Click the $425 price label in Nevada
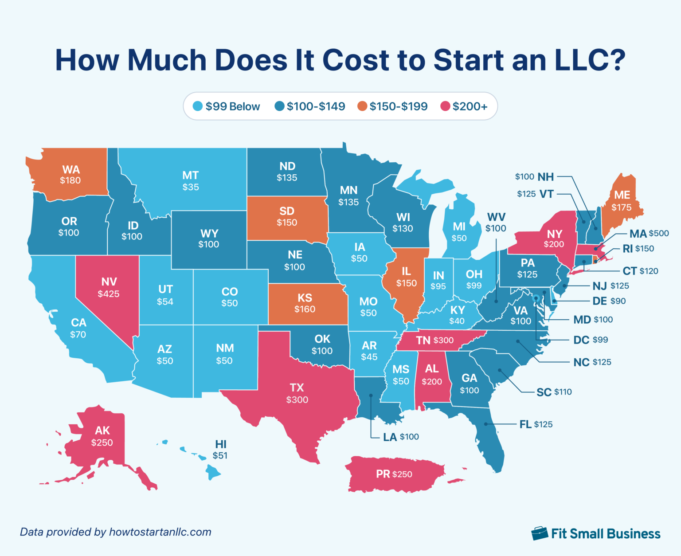109,294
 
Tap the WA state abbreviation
71,169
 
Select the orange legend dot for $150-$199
362,106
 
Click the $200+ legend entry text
470,106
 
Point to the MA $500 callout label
649,233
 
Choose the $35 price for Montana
191,187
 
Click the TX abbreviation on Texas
297,388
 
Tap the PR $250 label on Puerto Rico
394,474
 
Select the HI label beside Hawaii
221,444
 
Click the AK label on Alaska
102,430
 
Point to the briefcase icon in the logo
540,533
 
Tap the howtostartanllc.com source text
160,532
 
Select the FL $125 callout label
536,424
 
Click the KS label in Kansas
305,298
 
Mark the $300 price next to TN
443,340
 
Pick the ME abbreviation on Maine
622,195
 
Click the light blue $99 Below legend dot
198,106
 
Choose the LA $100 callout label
401,437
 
